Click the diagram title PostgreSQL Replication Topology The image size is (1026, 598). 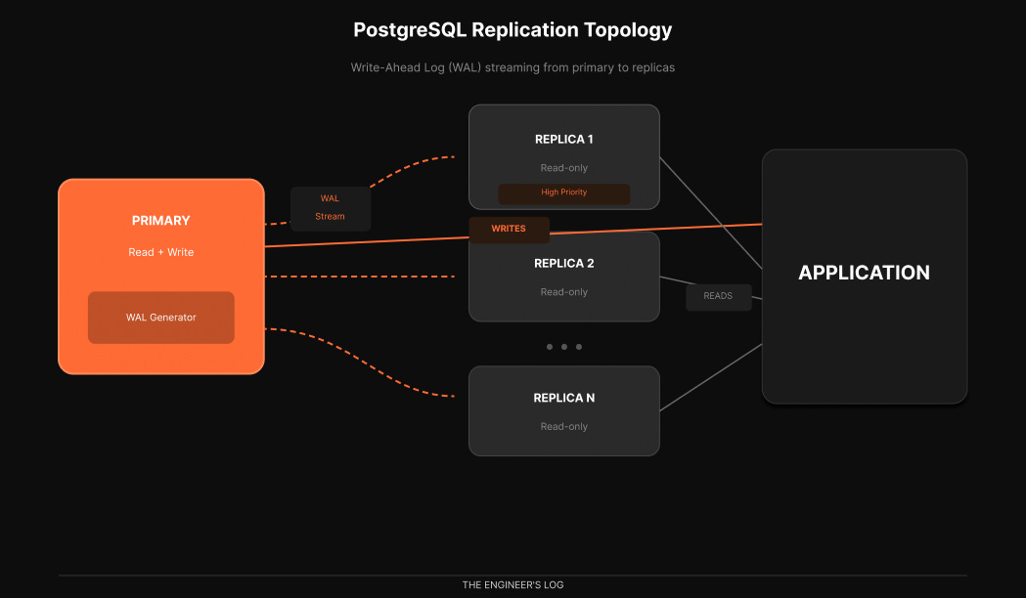513,29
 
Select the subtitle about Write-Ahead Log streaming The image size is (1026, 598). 513,68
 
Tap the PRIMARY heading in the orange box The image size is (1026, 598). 160,221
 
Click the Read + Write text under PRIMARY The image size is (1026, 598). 160,252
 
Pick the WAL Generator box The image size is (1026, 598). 160,318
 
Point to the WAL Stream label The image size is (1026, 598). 330,208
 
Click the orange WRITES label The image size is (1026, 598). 509,229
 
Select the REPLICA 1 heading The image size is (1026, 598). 563,139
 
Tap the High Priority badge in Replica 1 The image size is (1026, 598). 563,192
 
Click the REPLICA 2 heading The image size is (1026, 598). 563,263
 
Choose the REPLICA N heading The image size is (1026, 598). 563,398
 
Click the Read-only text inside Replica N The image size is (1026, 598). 563,427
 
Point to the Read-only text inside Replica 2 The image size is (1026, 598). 563,292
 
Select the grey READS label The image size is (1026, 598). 718,296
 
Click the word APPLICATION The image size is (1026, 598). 864,273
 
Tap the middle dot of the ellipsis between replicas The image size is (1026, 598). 564,347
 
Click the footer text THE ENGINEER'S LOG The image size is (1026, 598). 513,585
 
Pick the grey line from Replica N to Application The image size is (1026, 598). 711,377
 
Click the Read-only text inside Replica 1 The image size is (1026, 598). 563,168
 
